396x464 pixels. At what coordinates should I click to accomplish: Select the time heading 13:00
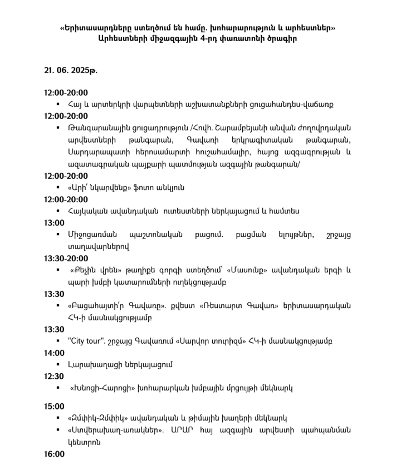pos(55,223)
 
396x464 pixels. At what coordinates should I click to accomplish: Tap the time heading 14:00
pos(55,353)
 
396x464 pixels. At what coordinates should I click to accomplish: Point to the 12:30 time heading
pos(55,376)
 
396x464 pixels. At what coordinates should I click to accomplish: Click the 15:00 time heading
pos(55,406)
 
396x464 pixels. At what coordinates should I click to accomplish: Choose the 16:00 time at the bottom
pos(55,454)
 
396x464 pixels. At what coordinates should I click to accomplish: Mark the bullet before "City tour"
pos(58,341)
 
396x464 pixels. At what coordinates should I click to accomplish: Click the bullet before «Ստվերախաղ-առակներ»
pos(58,430)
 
